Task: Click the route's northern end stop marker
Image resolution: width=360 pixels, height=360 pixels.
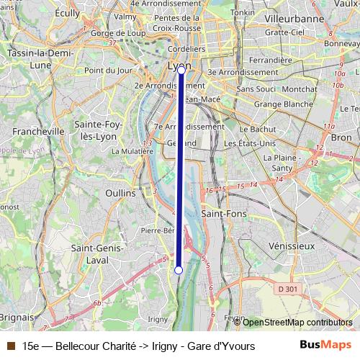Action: pos(181,71)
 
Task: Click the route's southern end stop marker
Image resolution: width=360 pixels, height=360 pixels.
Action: pos(179,270)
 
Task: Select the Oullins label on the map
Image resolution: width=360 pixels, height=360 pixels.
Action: pos(120,193)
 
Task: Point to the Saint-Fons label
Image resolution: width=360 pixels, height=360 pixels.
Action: pos(222,214)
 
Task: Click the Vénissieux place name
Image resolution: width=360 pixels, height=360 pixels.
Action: pos(291,246)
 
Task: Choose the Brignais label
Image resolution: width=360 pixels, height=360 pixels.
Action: pos(17,317)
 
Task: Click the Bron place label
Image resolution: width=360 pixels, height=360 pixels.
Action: pos(341,137)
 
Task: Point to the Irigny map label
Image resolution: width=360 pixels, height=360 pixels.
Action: pos(157,319)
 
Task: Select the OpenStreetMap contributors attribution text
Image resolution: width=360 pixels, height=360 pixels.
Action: pos(297,323)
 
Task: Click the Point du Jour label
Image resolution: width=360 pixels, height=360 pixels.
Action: pos(109,71)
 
